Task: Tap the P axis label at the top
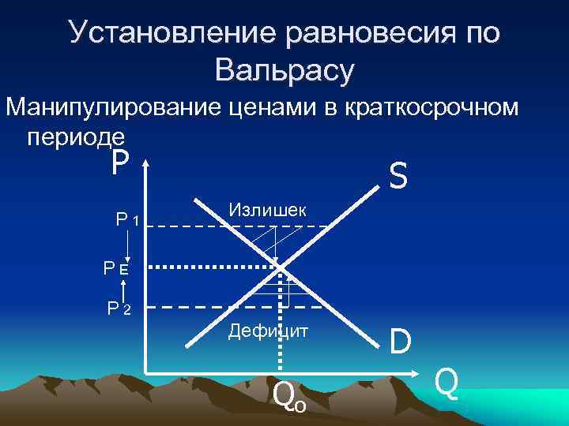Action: pyautogui.click(x=119, y=164)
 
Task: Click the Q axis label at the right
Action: pyautogui.click(x=447, y=384)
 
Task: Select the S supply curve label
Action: pyautogui.click(x=398, y=177)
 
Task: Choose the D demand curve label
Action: pyautogui.click(x=400, y=341)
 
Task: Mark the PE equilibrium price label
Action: pyautogui.click(x=115, y=268)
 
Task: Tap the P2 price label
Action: pyautogui.click(x=121, y=308)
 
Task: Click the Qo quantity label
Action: pyautogui.click(x=288, y=394)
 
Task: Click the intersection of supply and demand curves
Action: pyautogui.click(x=283, y=267)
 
